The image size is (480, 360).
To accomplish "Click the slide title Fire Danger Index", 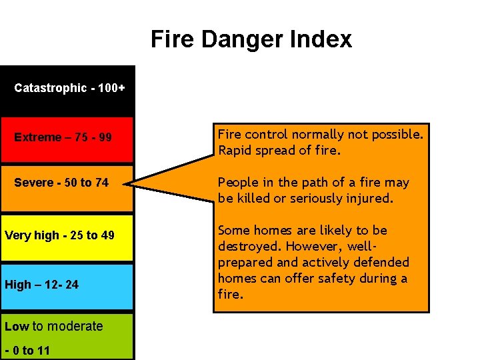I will pos(251,39).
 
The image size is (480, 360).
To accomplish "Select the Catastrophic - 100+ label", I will pos(69,88).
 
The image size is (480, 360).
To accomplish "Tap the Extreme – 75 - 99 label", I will pos(63,137).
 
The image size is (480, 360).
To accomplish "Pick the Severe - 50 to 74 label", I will pos(61,183).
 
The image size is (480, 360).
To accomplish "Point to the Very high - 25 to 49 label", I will pos(59,235).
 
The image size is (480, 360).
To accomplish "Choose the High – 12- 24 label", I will pos(41,285).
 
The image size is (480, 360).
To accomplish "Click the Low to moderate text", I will pos(53,326).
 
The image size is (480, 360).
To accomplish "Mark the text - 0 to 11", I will pos(27,351).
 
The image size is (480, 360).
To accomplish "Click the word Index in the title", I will pos(322,39).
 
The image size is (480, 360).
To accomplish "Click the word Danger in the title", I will pos(253,39).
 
